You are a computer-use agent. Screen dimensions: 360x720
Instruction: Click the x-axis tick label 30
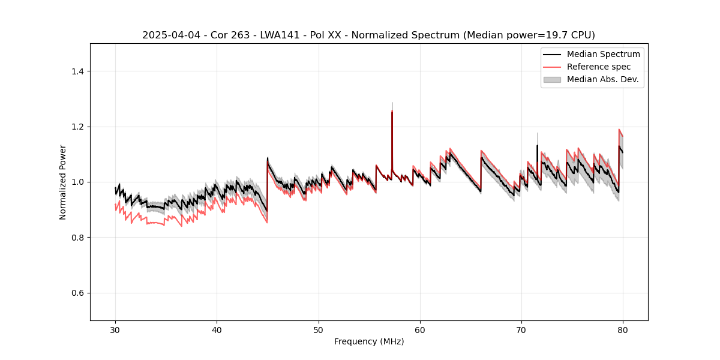[x=115, y=330]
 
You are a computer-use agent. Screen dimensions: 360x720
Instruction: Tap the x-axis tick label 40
[x=217, y=330]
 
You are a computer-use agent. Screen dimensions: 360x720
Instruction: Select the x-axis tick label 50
[x=318, y=330]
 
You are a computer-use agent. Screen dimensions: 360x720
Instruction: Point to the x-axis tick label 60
[x=420, y=330]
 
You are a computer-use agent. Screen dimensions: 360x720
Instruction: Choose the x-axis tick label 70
[x=521, y=330]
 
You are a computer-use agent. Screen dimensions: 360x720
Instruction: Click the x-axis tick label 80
[x=623, y=330]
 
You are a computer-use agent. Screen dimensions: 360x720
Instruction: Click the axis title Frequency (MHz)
[x=369, y=342]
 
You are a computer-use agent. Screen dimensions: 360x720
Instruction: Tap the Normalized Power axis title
[x=63, y=182]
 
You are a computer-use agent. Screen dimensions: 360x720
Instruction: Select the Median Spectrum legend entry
[x=603, y=54]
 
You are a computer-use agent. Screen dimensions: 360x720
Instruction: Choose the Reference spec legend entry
[x=599, y=67]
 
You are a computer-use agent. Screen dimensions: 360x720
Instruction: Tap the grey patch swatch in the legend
[x=552, y=79]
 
